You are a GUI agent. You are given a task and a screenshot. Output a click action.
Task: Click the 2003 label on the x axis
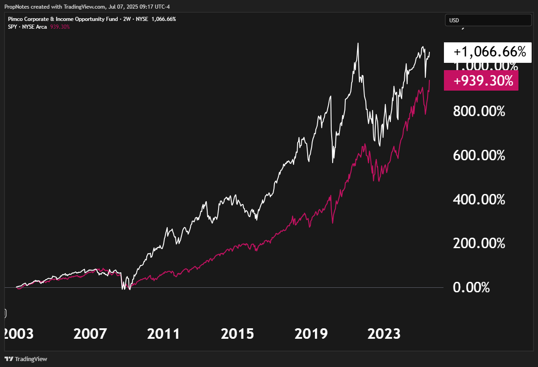pyautogui.click(x=18, y=334)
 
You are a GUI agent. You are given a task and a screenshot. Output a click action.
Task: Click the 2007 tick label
pyautogui.click(x=90, y=334)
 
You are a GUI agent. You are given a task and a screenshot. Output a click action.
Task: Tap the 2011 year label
pyautogui.click(x=164, y=334)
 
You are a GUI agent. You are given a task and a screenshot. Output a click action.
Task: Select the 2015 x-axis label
pyautogui.click(x=237, y=334)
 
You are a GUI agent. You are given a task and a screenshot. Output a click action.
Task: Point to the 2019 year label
pyautogui.click(x=311, y=334)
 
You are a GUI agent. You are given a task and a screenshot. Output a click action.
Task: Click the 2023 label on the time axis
pyautogui.click(x=384, y=334)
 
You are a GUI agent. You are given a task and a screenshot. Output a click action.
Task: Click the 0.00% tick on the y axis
pyautogui.click(x=471, y=288)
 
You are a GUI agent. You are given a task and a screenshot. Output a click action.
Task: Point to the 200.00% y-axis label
pyautogui.click(x=479, y=244)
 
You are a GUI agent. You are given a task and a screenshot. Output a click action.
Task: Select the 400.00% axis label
pyautogui.click(x=479, y=199)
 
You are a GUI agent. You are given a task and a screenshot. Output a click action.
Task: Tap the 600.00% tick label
pyautogui.click(x=479, y=155)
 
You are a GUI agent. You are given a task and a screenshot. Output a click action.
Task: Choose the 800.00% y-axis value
pyautogui.click(x=479, y=111)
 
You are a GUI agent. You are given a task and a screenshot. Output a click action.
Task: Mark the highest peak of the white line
pyautogui.click(x=358, y=44)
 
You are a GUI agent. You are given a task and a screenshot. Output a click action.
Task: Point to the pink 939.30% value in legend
pyautogui.click(x=60, y=27)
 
